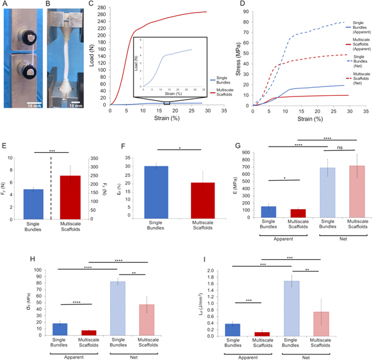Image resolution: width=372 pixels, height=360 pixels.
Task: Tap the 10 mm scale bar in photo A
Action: pyautogui.click(x=33, y=100)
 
